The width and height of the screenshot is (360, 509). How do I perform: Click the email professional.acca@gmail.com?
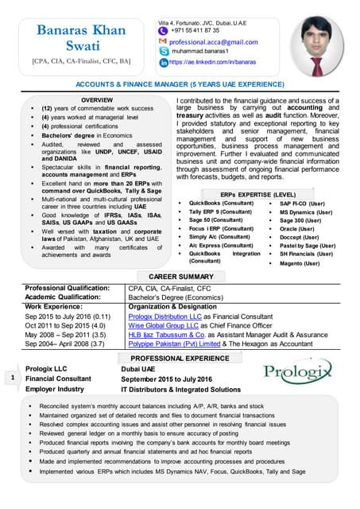(x=212, y=40)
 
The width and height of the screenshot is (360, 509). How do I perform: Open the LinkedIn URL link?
(x=215, y=60)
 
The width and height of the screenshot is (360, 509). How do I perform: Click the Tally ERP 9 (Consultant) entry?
(x=220, y=212)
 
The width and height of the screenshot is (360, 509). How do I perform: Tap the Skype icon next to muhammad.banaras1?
(x=162, y=50)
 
